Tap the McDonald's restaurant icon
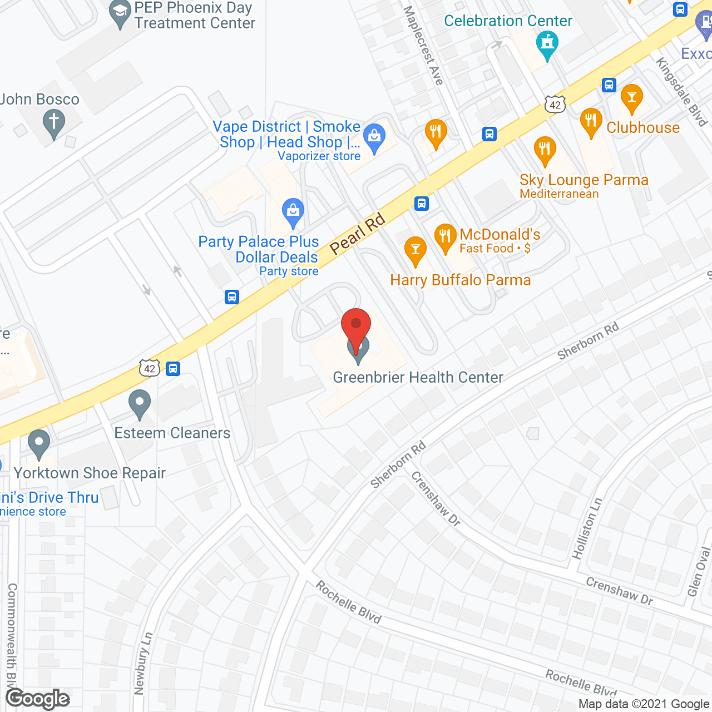[445, 238]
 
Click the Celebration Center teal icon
[547, 44]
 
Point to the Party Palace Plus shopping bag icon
[293, 212]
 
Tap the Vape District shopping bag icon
[374, 137]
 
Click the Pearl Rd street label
[358, 233]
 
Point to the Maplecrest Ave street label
[423, 45]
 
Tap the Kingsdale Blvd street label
[681, 92]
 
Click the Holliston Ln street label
[587, 528]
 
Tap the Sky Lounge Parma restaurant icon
[545, 150]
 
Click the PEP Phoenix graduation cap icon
[120, 14]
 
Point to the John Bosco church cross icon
[54, 123]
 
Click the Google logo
[38, 699]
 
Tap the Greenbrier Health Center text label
[418, 378]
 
